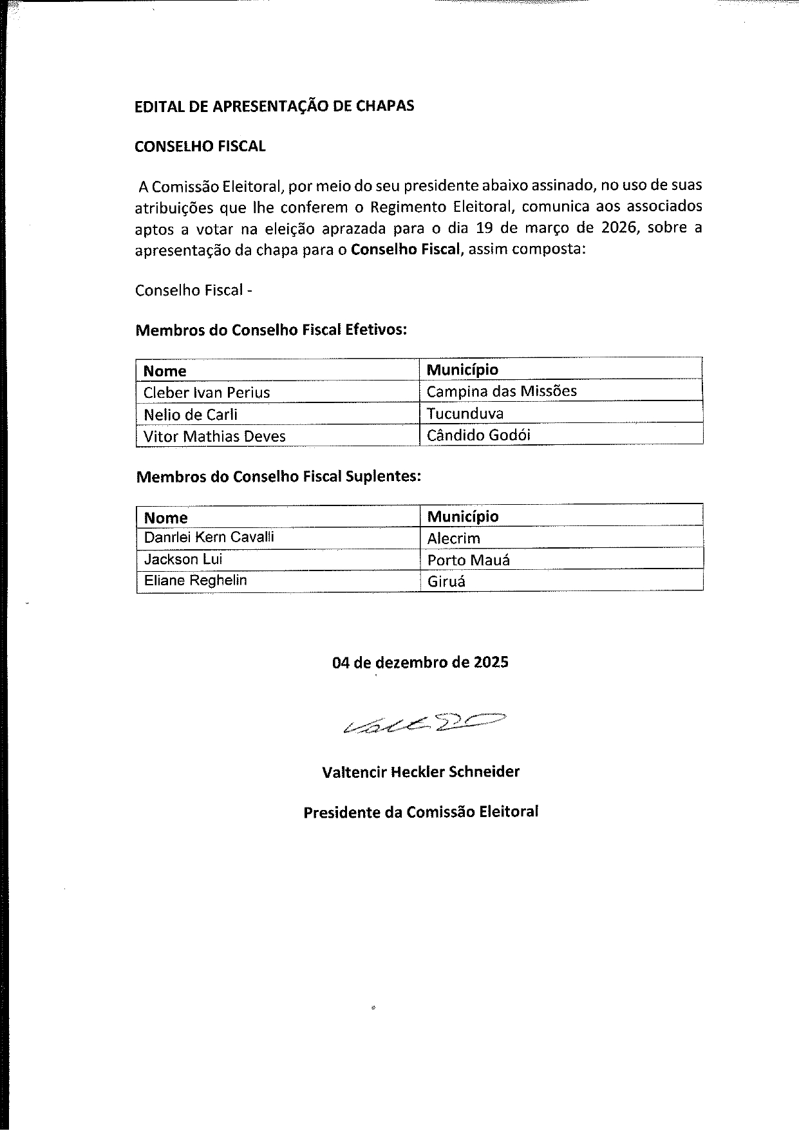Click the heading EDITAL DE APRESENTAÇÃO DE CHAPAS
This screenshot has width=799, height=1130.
(x=274, y=106)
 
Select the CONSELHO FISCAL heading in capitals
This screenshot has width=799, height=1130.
(x=200, y=146)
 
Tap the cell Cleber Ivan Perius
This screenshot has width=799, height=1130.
(x=207, y=392)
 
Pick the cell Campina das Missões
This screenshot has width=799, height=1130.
(x=502, y=391)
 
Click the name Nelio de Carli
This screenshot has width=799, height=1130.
(x=191, y=414)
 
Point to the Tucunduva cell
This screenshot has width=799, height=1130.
(x=465, y=413)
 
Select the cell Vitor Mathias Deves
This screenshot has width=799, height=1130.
(x=214, y=436)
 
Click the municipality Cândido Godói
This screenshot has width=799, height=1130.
(x=478, y=435)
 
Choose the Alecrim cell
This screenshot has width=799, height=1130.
(x=453, y=538)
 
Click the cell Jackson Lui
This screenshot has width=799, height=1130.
(x=183, y=559)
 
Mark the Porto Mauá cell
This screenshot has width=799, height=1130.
(x=468, y=560)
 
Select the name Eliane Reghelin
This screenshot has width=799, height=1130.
(x=195, y=580)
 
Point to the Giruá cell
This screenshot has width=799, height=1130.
(x=446, y=581)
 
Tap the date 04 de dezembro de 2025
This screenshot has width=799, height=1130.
(x=420, y=662)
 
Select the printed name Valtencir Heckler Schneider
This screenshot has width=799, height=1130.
(x=420, y=771)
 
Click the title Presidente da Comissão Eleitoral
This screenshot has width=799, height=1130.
(x=420, y=812)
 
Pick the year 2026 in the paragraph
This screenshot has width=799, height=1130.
(x=623, y=228)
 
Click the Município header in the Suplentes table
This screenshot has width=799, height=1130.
(x=462, y=516)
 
